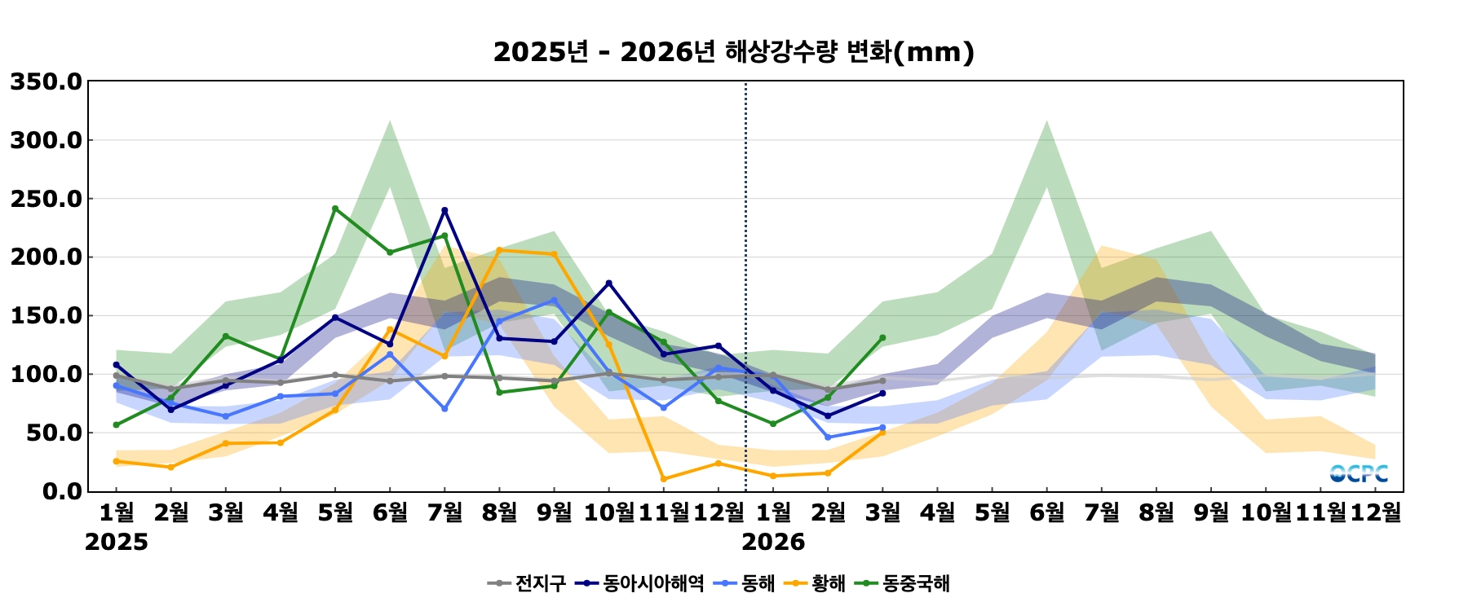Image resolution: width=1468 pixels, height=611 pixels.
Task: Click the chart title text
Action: (x=733, y=52)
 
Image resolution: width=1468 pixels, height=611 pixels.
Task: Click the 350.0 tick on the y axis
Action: (x=46, y=82)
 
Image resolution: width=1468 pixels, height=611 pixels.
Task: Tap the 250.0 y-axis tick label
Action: (x=46, y=200)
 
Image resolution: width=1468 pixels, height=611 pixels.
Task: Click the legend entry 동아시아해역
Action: (x=640, y=583)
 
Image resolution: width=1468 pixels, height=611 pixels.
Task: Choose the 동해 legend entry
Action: (x=745, y=583)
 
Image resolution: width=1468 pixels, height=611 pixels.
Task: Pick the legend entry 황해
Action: (x=815, y=583)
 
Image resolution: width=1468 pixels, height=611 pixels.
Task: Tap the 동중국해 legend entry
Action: (x=906, y=583)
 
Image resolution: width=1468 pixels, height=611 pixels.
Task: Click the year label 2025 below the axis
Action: (x=117, y=543)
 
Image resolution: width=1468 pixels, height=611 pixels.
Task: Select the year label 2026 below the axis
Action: (x=773, y=543)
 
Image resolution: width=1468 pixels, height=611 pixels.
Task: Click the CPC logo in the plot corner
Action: (x=1359, y=473)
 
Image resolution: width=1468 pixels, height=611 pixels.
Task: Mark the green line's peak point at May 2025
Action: (x=335, y=209)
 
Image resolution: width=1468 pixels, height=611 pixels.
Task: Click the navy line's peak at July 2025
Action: (x=444, y=210)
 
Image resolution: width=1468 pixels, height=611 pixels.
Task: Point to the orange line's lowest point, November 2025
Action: (x=664, y=479)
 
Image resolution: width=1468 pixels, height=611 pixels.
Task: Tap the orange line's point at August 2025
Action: (x=499, y=250)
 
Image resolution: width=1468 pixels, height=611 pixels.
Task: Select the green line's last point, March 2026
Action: (x=882, y=337)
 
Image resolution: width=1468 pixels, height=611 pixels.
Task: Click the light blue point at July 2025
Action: (x=444, y=408)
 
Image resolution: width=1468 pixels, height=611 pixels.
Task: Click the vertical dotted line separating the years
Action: (x=745, y=285)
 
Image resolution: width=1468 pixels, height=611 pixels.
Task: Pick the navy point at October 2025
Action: (x=608, y=284)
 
